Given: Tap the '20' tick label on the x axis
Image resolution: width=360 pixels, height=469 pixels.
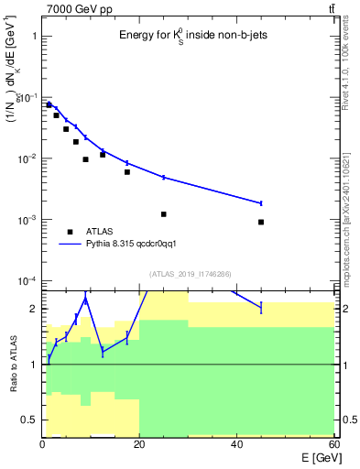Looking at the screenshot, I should (139, 444).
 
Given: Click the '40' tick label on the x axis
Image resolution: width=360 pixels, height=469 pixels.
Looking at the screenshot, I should (236, 444).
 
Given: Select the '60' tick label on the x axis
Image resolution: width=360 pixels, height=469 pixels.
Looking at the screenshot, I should (333, 444).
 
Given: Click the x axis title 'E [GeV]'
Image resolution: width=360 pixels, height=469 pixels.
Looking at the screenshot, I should (312, 458).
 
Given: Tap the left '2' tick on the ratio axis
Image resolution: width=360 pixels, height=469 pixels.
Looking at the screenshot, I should (34, 309).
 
